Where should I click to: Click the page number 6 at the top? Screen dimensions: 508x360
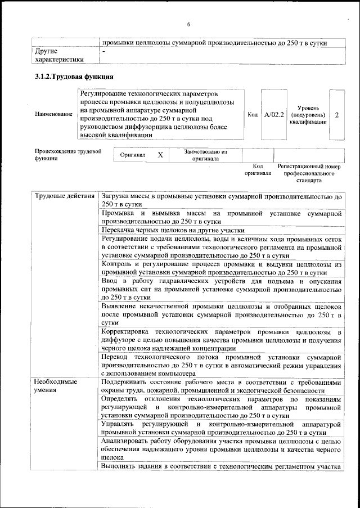[x=188, y=25]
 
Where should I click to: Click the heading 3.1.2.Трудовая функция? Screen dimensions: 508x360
[x=75, y=76]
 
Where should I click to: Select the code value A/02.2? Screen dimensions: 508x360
[x=274, y=114]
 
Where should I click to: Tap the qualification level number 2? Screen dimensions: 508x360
[x=336, y=114]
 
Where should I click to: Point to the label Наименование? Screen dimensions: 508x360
[x=53, y=114]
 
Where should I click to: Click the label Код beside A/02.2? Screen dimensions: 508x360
[x=253, y=114]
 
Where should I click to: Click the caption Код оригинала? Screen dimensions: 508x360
[x=258, y=170]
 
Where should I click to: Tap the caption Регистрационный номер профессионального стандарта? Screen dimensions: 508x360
[x=309, y=174]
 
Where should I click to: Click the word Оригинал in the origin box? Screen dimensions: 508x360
[x=133, y=155]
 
